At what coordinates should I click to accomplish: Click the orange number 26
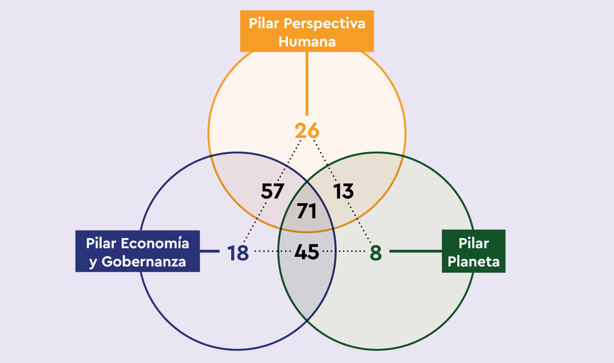[x=307, y=131]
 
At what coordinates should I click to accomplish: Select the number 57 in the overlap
[x=272, y=191]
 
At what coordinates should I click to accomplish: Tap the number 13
[x=343, y=191]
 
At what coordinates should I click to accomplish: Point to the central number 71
[x=307, y=211]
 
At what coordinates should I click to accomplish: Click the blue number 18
[x=238, y=253]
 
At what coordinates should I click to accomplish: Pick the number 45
[x=307, y=252]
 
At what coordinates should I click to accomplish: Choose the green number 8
[x=375, y=253]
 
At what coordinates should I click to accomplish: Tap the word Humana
[x=307, y=42]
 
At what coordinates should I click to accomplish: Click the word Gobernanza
[x=144, y=262]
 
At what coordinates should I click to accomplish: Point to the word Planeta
[x=474, y=262]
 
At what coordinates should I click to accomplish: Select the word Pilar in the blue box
[x=101, y=243]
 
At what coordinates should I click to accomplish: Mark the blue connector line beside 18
[x=210, y=251]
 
